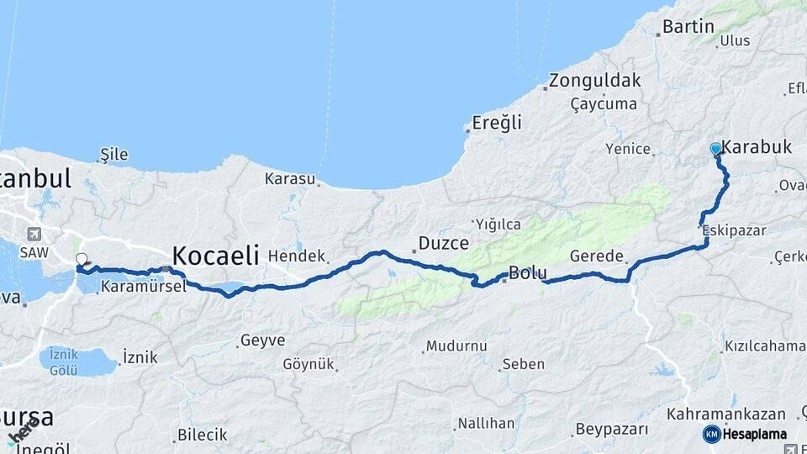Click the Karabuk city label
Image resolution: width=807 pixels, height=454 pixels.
[757, 147]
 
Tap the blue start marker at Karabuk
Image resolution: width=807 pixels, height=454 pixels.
[715, 149]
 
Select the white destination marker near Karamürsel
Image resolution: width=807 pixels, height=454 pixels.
[82, 259]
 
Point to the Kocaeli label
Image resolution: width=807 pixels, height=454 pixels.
[215, 255]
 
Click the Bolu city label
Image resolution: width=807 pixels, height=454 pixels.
[528, 273]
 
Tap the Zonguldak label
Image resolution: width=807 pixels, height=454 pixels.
[595, 82]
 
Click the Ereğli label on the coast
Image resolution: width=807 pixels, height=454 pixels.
[497, 123]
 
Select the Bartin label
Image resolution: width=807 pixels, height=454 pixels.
[688, 27]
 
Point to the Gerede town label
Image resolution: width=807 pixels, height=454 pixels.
[597, 256]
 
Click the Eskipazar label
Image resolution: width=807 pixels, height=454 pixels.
[728, 229]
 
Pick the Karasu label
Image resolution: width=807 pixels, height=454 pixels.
[289, 179]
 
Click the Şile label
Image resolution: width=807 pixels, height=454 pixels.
[113, 154]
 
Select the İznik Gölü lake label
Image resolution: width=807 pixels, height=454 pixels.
[63, 362]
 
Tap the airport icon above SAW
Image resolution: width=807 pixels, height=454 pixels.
[34, 235]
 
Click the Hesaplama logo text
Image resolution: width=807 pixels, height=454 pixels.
[755, 434]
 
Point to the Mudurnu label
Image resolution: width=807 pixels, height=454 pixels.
[456, 346]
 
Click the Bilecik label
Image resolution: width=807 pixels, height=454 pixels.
[202, 436]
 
